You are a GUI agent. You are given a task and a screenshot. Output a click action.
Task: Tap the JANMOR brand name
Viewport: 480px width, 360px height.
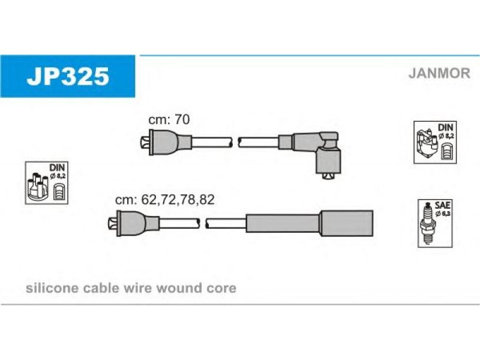coord(439,74)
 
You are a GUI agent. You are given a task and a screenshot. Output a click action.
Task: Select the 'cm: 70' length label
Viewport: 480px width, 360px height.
coord(169,119)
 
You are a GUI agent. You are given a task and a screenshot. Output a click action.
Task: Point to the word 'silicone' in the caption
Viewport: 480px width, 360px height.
coord(49,288)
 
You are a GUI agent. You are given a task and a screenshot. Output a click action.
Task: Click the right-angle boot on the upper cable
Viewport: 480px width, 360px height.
coord(324,150)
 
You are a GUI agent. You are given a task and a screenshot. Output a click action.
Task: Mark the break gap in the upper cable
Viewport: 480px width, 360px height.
coord(235,143)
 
